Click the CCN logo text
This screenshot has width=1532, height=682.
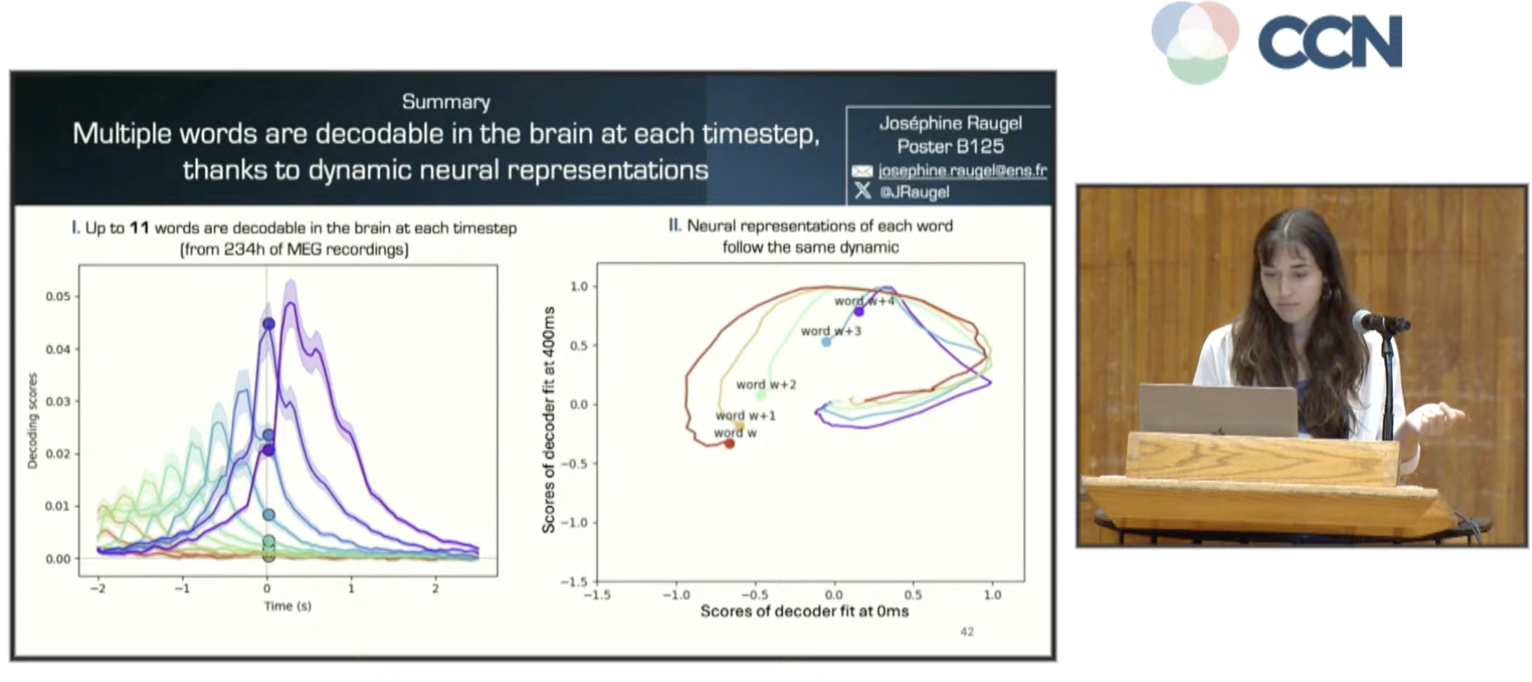point(1330,42)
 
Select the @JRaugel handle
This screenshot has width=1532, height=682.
point(914,192)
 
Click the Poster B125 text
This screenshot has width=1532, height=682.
point(950,146)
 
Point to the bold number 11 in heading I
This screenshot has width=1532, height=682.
point(139,228)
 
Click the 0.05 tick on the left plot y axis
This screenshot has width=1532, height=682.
point(58,296)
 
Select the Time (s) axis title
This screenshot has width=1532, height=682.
point(288,606)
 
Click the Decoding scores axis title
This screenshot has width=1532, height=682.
point(33,421)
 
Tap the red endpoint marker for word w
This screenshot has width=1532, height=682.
point(729,443)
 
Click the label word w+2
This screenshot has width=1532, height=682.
point(766,385)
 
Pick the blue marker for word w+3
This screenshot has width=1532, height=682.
point(826,341)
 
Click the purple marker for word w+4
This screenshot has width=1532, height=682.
point(859,311)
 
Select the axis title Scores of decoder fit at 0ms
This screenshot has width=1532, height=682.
point(804,611)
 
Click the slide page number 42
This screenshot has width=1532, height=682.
point(967,632)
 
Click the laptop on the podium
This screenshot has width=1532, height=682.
point(1218,410)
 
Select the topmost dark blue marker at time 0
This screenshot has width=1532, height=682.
point(269,324)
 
